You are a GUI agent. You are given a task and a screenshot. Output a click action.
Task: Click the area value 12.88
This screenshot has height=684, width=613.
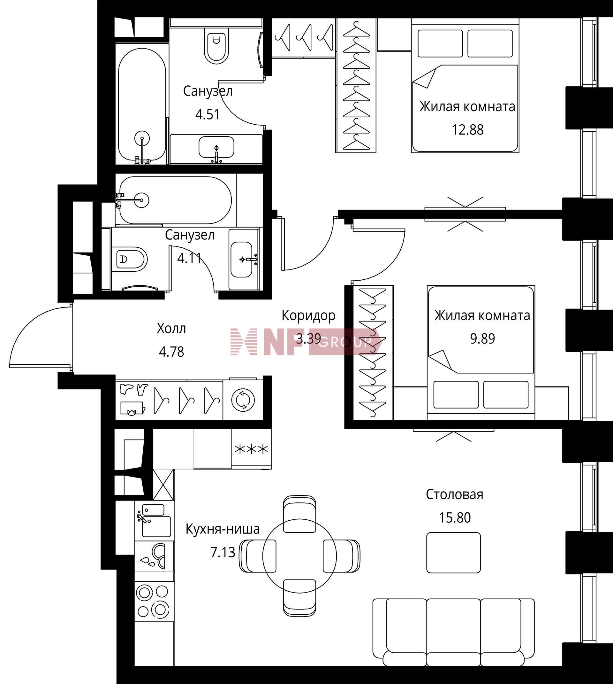(467, 130)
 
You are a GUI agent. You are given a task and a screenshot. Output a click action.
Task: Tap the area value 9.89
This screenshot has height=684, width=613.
(482, 339)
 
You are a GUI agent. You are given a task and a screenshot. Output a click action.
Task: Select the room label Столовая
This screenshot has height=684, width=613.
(454, 494)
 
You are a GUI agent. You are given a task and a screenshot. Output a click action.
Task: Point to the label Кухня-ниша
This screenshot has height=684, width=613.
(223, 529)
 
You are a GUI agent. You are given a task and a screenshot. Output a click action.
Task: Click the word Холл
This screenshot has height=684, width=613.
(171, 328)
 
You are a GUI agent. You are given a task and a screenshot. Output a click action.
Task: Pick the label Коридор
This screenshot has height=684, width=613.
(308, 315)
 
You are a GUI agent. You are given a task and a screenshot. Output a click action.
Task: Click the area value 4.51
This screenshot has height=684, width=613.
(208, 115)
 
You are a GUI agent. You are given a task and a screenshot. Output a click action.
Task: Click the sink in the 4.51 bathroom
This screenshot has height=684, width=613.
(216, 147)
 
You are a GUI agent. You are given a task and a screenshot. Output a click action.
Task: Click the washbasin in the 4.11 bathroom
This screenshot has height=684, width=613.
(241, 259)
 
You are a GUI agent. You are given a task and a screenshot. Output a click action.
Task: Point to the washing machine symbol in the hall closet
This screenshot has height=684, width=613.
(243, 400)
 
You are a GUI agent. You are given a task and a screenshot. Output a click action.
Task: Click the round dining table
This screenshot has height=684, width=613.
(299, 556)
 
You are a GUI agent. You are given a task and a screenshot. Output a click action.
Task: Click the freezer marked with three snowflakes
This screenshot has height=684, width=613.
(251, 449)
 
